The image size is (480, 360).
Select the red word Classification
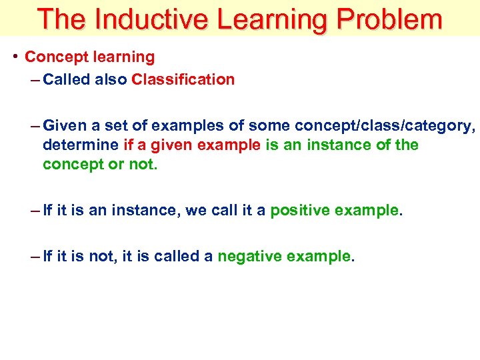click(x=183, y=80)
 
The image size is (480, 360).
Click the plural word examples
click(x=186, y=126)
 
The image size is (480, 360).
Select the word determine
click(x=81, y=145)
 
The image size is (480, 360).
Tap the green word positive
click(x=299, y=211)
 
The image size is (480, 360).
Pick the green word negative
click(x=248, y=257)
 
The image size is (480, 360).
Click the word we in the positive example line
click(x=195, y=211)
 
